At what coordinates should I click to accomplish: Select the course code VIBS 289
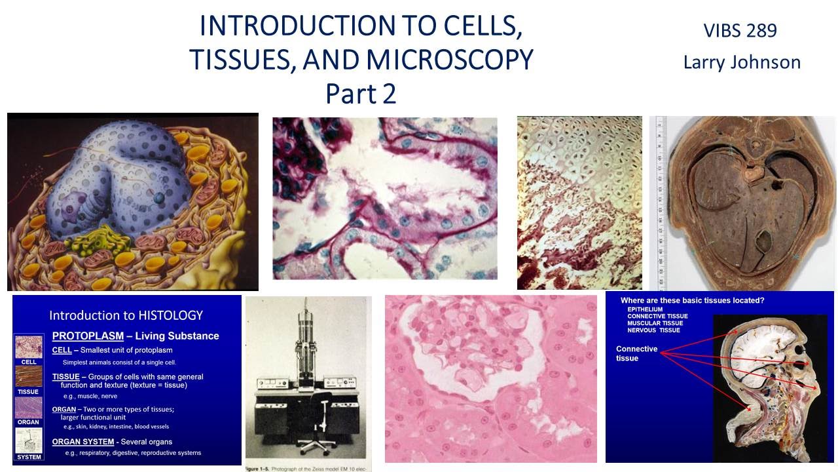pyautogui.click(x=740, y=30)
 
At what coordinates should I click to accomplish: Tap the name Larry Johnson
pyautogui.click(x=742, y=62)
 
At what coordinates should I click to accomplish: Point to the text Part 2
pyautogui.click(x=361, y=94)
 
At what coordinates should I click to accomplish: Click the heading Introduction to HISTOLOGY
pyautogui.click(x=126, y=315)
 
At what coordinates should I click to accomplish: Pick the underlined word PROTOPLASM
pyautogui.click(x=88, y=336)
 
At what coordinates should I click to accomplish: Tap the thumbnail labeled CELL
pyautogui.click(x=29, y=345)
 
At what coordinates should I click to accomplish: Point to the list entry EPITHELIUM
pyautogui.click(x=645, y=309)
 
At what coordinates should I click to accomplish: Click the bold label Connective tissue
pyautogui.click(x=636, y=353)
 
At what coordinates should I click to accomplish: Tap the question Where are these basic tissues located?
pyautogui.click(x=692, y=301)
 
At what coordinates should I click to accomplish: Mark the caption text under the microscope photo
pyautogui.click(x=308, y=467)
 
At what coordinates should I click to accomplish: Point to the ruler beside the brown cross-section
pyautogui.click(x=661, y=203)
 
